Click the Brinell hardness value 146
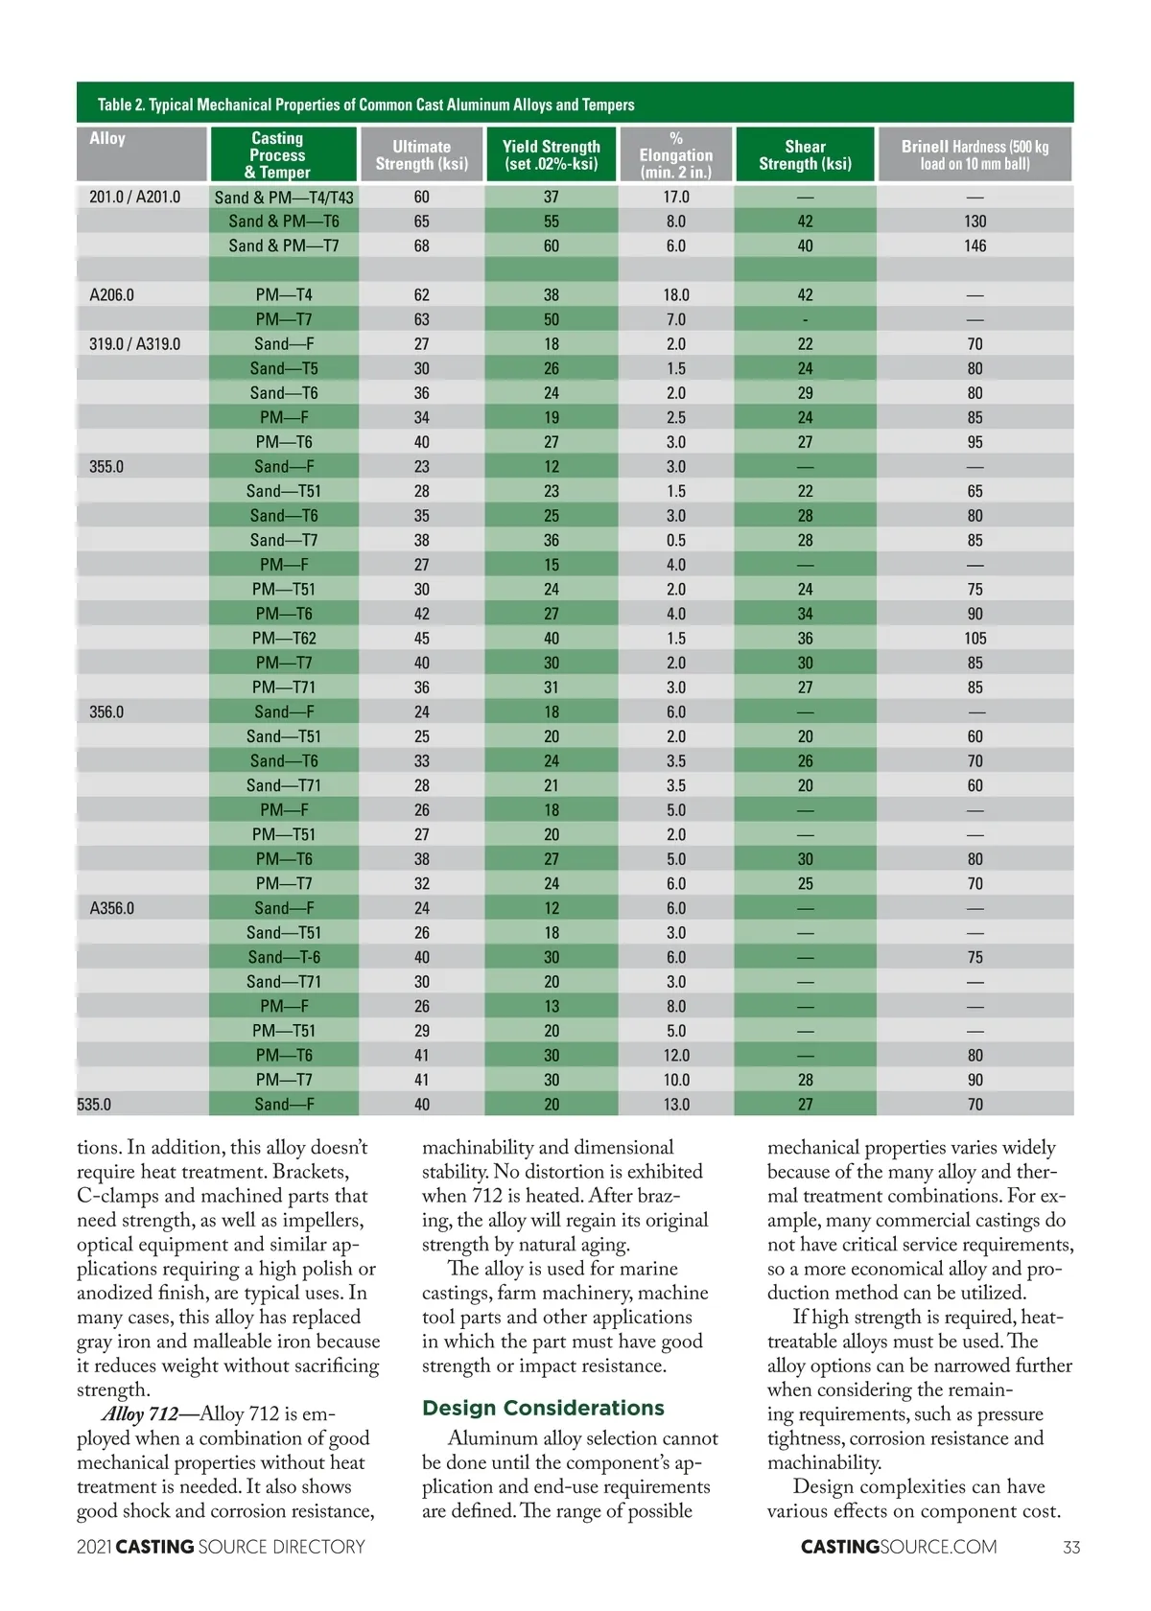click(975, 245)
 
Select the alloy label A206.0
click(111, 294)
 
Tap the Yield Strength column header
click(551, 154)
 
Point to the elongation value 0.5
click(676, 540)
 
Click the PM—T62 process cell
click(284, 639)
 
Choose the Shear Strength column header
click(805, 154)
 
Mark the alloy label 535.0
click(94, 1105)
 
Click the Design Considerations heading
click(543, 1408)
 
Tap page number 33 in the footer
click(1071, 1547)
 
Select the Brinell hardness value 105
click(975, 639)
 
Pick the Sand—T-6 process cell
click(284, 957)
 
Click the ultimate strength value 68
click(421, 245)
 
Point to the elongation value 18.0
click(676, 294)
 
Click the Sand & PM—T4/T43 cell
click(284, 198)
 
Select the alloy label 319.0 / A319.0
click(134, 343)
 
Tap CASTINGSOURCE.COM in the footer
click(898, 1547)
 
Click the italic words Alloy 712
click(140, 1413)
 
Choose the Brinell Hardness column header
click(975, 154)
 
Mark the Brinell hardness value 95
click(975, 442)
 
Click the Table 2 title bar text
click(365, 105)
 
